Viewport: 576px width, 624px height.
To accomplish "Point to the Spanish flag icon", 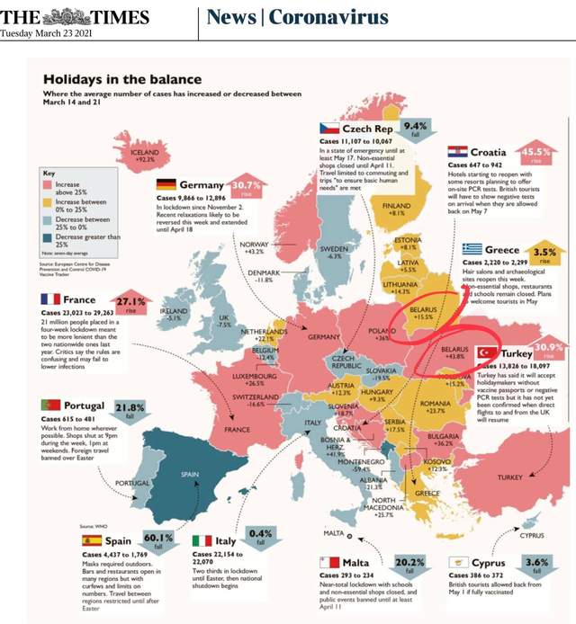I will pyautogui.click(x=92, y=540).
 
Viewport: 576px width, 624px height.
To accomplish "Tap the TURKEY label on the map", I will pyautogui.click(x=508, y=477).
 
